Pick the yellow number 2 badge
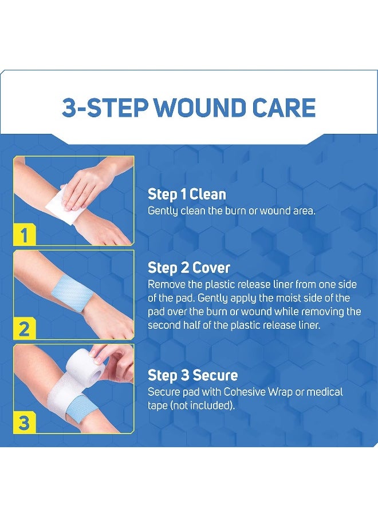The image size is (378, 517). (24, 329)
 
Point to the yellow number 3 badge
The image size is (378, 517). (24, 424)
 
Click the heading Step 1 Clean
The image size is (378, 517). (187, 194)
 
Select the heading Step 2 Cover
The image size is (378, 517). (188, 268)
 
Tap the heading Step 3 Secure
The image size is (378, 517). (192, 375)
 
